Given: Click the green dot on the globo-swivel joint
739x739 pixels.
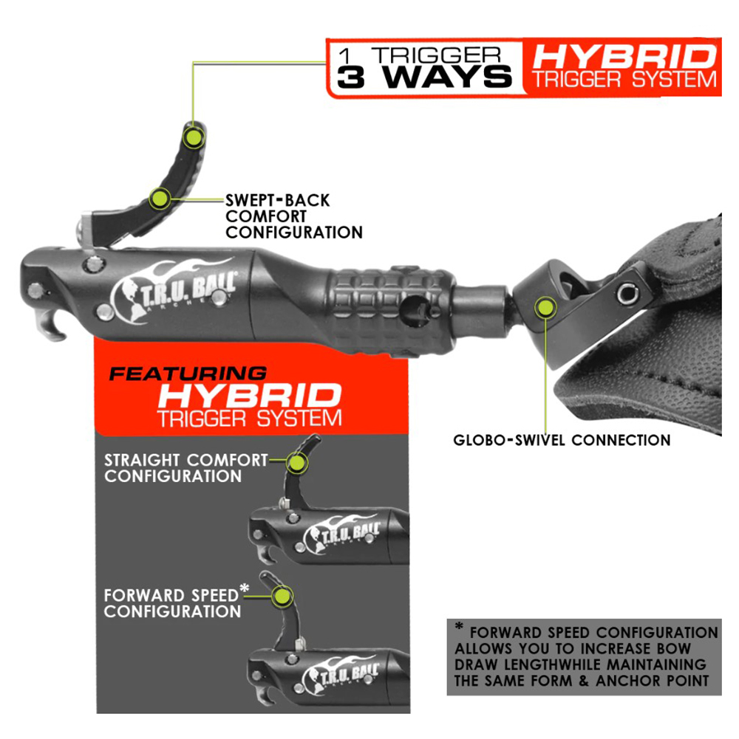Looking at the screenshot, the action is coord(545,308).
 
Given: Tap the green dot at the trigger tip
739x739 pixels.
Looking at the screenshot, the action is coord(194,137).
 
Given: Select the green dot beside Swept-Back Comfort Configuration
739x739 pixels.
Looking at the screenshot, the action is coord(160,199).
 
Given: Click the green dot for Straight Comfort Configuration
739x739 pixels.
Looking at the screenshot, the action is coord(296,462).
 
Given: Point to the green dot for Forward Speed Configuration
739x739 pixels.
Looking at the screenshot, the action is coord(282,597).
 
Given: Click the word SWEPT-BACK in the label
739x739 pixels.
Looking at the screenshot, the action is coord(277,200).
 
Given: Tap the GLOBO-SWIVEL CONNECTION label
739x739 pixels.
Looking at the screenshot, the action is coord(562,440).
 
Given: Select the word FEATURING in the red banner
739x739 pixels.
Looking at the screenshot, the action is coord(188,374).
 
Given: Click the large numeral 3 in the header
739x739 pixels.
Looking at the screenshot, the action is coord(351,78).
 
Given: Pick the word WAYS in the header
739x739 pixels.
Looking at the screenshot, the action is coord(446,78).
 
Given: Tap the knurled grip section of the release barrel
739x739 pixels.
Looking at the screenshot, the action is coord(392,312).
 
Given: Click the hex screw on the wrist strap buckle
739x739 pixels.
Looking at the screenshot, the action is coord(628,294).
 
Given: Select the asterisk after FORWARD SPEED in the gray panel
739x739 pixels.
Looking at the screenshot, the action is coord(244,588).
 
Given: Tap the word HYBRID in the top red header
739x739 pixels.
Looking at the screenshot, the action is coord(624,57).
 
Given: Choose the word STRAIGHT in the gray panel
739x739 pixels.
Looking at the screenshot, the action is coord(142,460).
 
